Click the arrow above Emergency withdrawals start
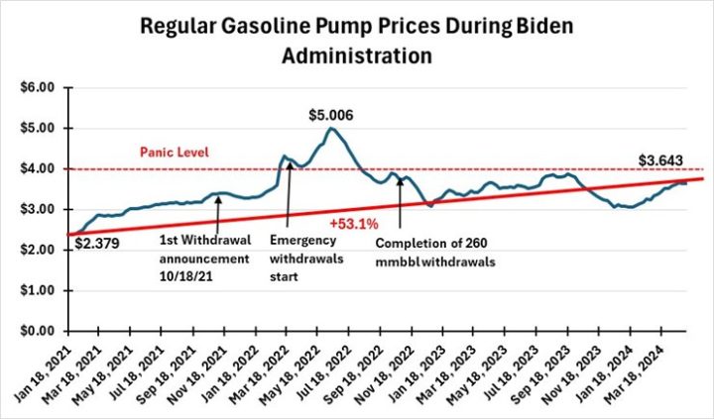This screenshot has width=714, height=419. point(289,198)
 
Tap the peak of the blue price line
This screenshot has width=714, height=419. point(331,128)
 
